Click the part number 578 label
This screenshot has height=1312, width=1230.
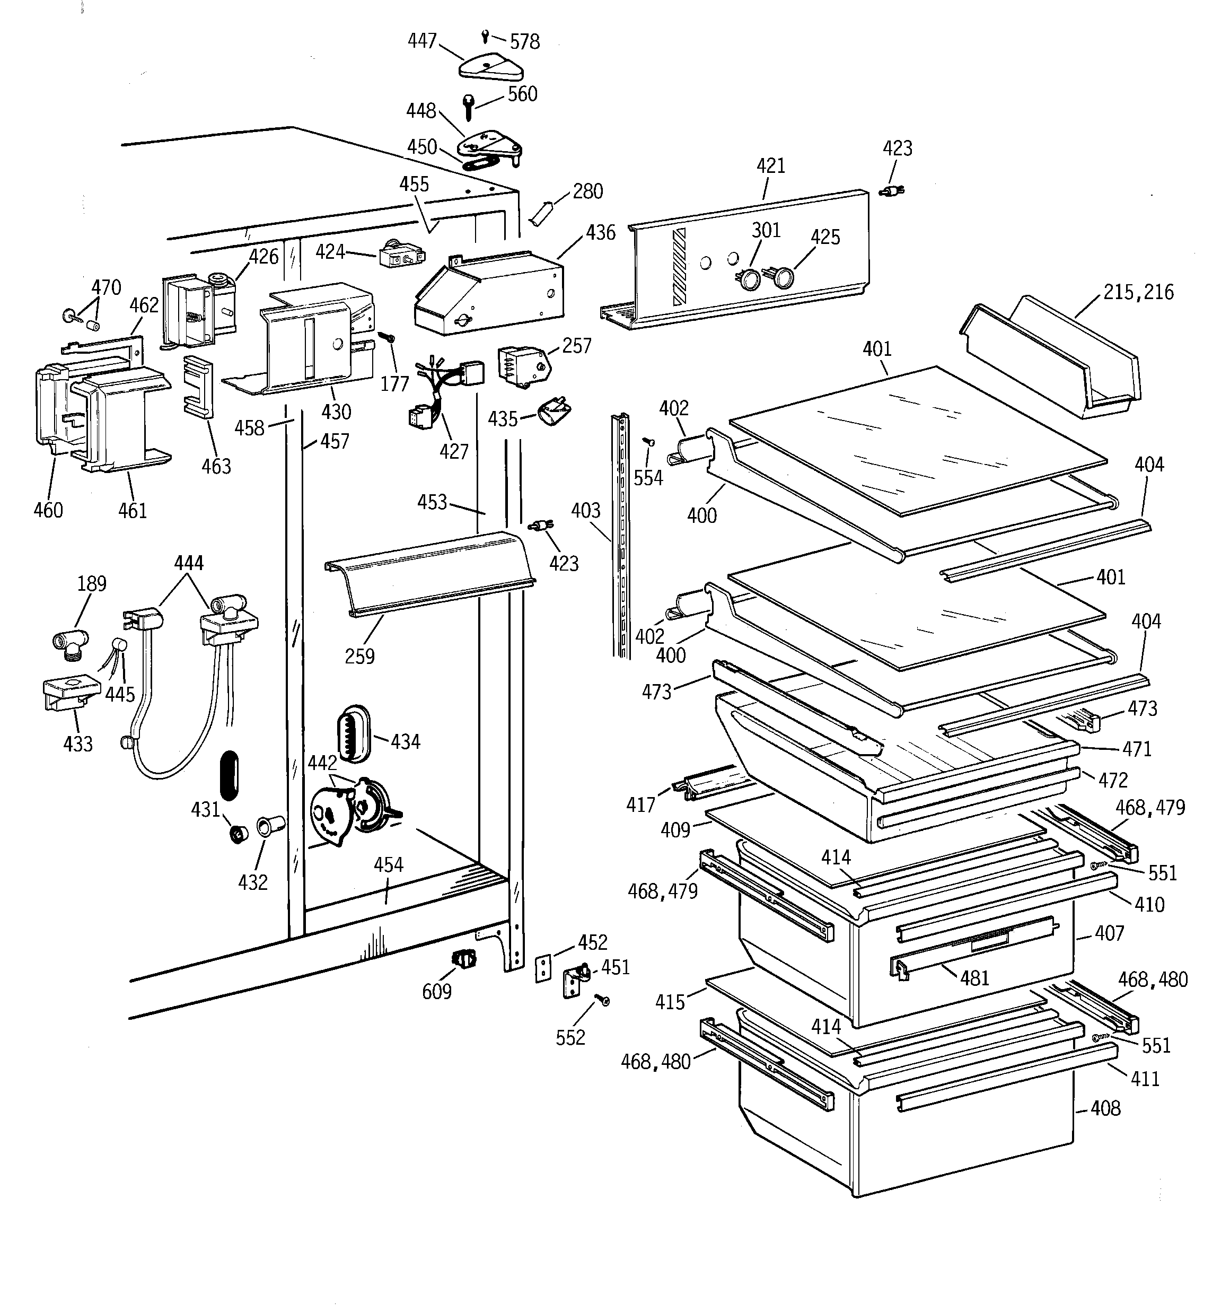(525, 42)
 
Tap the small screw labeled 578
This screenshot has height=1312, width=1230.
(486, 34)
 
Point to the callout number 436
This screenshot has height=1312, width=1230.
(601, 233)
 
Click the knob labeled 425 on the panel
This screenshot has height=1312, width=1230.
(783, 278)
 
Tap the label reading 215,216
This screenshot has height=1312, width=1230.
(1138, 292)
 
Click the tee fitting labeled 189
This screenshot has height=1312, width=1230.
(68, 642)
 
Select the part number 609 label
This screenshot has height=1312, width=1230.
(437, 991)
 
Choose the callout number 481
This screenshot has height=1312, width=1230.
(974, 978)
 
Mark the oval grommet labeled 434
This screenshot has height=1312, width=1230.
(354, 732)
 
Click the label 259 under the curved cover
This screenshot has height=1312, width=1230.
(359, 656)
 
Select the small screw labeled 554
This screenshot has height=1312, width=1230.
(648, 441)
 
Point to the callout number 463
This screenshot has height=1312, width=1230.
(216, 467)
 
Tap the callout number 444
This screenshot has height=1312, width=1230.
(189, 563)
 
